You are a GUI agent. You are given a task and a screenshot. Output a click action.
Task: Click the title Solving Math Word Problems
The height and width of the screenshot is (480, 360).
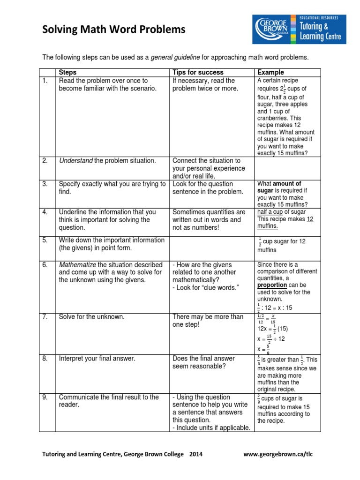tap(114, 30)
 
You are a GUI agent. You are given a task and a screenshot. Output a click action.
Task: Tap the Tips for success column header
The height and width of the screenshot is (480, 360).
tap(198, 72)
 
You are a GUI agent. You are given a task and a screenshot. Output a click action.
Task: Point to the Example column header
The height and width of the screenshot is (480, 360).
tap(270, 72)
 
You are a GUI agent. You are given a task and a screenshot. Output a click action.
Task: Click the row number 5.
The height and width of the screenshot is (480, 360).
tap(45, 240)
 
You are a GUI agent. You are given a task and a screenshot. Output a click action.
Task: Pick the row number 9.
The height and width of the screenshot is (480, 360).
tap(45, 397)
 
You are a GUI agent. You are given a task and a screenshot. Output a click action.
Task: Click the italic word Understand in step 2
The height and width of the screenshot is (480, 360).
tap(75, 161)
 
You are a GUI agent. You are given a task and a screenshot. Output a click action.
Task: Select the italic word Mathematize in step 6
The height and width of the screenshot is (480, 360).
tap(77, 265)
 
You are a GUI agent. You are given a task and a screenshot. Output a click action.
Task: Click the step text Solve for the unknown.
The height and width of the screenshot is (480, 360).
tap(92, 317)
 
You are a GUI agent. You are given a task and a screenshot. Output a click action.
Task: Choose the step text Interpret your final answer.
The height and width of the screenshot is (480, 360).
tap(97, 359)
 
